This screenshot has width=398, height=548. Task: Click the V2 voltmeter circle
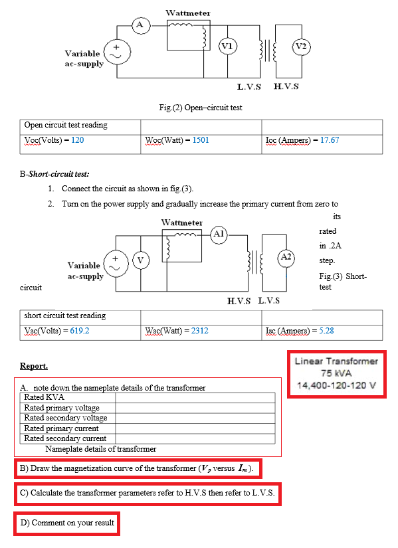point(300,46)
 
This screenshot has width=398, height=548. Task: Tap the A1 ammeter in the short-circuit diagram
point(220,234)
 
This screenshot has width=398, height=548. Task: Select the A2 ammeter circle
point(286,256)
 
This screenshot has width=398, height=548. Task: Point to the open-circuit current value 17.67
point(330,140)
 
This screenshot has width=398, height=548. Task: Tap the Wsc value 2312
point(199,330)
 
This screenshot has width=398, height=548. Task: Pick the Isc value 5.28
point(326,330)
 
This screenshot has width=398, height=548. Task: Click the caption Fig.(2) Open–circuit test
point(201,108)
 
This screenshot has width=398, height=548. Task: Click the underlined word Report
point(34,366)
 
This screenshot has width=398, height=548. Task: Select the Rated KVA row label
point(44,397)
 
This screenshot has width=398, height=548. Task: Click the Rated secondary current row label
point(65,438)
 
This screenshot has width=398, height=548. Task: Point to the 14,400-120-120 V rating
point(336,385)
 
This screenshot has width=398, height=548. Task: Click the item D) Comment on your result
point(67,523)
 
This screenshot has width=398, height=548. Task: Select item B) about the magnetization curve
point(137,468)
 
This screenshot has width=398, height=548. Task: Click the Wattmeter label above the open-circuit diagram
point(187,13)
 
